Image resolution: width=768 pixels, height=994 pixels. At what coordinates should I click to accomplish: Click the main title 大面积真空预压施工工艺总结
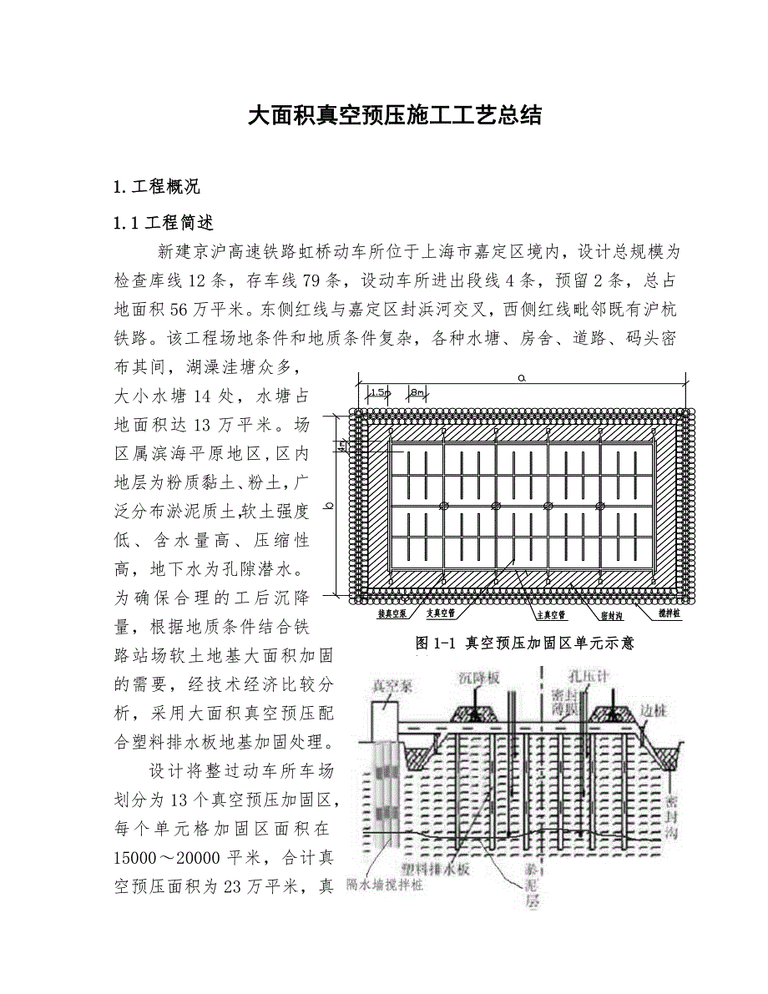pos(395,115)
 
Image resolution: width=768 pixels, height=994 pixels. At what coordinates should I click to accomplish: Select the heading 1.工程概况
pos(156,185)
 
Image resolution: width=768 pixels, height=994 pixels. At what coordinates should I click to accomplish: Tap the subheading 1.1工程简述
pos(164,223)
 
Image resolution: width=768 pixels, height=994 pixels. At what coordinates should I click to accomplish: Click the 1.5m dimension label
pos(378,391)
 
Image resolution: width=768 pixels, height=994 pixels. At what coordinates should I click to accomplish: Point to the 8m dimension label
pos(417,391)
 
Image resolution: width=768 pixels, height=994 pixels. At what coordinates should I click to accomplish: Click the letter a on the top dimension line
pos(521,377)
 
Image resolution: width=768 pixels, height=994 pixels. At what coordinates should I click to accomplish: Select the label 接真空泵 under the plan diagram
pos(392,613)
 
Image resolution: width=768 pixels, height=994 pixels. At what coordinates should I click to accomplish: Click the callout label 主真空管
pos(550,614)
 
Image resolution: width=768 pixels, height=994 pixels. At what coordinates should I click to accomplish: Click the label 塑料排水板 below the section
pos(444,869)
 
